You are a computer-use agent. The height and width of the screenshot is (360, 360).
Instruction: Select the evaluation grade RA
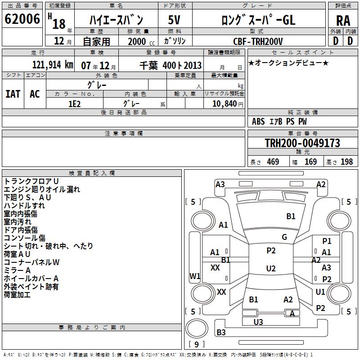pos(343,21)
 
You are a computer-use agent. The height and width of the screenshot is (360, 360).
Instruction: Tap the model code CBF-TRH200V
pos(258,41)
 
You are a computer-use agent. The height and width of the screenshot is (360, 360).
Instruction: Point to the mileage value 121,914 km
pos(53,65)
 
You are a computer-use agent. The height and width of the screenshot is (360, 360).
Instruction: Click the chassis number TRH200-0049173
pos(302,144)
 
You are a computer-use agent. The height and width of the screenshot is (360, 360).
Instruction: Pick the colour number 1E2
pos(74,103)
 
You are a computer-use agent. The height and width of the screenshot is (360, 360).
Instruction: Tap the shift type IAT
pos(13,94)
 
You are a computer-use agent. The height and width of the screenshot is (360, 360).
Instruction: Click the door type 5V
pos(174,20)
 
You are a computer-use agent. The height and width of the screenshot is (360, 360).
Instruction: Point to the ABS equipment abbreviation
pos(258,121)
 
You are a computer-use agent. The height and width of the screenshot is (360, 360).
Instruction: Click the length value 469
pos(273,162)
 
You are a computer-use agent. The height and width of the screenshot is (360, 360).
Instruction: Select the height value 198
pos(346,162)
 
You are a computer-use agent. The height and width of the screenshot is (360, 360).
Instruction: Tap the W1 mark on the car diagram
pos(195,276)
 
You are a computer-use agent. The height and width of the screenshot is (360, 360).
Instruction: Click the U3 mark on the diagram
pos(258,322)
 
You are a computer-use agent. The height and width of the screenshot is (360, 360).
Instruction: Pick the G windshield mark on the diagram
pos(284,237)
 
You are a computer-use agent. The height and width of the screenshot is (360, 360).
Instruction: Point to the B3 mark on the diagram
pos(221,333)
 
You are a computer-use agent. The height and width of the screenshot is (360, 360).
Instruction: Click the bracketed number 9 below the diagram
pos(196,344)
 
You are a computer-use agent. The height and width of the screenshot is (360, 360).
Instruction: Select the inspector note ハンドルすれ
pos(24,206)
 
